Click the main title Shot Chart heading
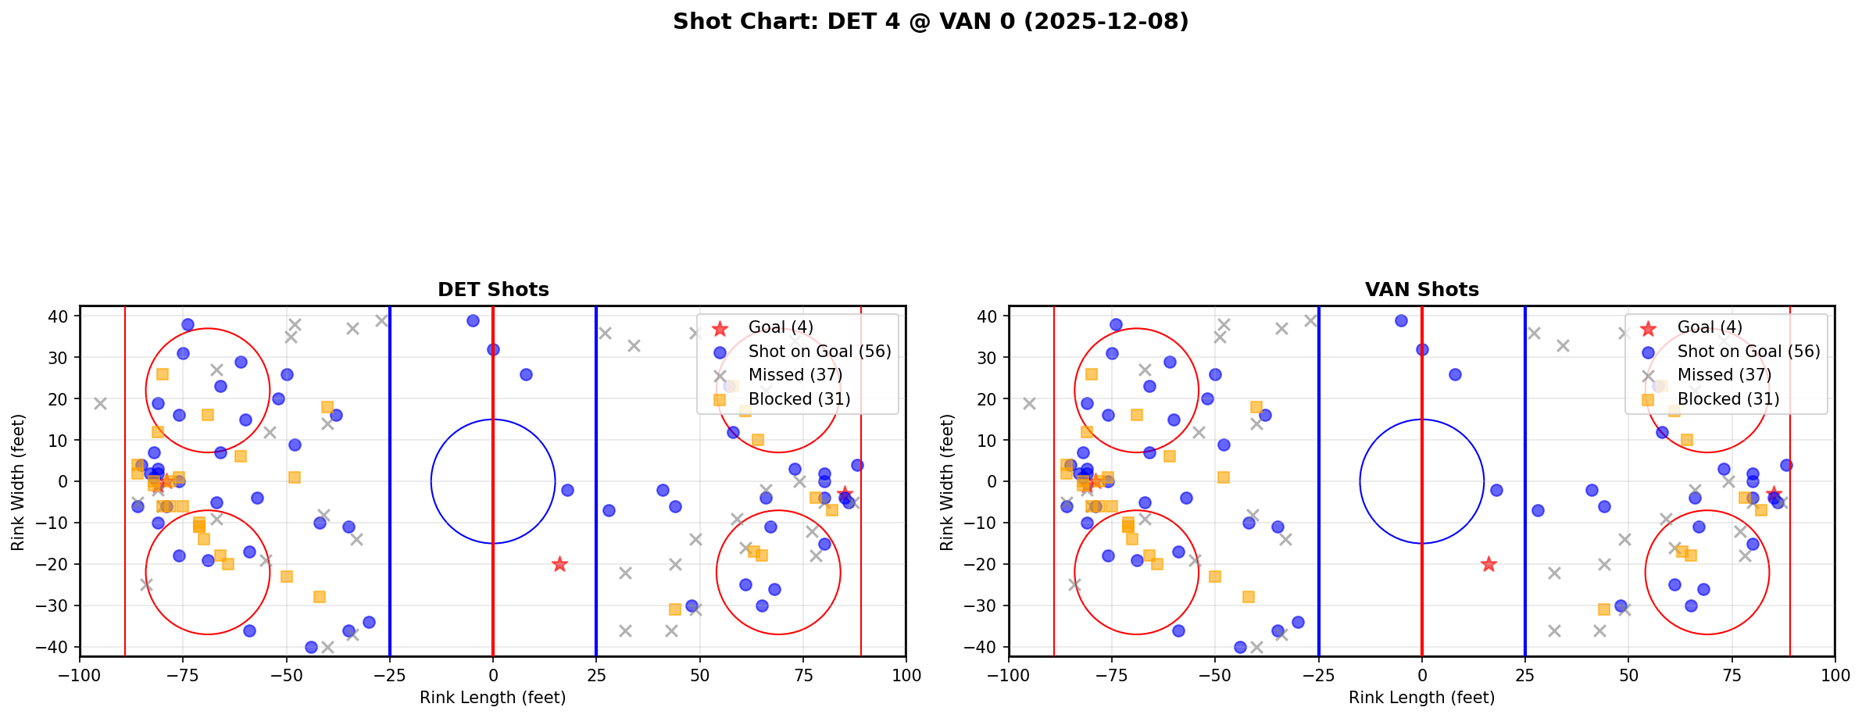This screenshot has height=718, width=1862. pyautogui.click(x=931, y=22)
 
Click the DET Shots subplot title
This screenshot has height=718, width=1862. pyautogui.click(x=493, y=290)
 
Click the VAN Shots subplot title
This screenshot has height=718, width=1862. pyautogui.click(x=1421, y=290)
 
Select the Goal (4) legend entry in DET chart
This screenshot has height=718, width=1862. pyautogui.click(x=780, y=327)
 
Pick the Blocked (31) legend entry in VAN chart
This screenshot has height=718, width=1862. pyautogui.click(x=1728, y=399)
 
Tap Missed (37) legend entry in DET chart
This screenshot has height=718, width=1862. pyautogui.click(x=795, y=375)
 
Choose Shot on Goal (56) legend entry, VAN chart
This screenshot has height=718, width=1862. pyautogui.click(x=1748, y=352)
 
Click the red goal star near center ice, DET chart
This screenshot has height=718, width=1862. pyautogui.click(x=559, y=564)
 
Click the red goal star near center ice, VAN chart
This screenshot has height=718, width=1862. pyautogui.click(x=1489, y=564)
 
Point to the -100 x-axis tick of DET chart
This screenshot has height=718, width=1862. pyautogui.click(x=80, y=675)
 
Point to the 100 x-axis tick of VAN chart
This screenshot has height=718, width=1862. pyautogui.click(x=1835, y=675)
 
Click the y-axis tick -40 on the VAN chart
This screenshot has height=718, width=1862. pyautogui.click(x=986, y=647)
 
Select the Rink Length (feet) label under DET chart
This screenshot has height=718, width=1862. pyautogui.click(x=493, y=698)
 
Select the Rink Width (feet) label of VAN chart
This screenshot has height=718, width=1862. pyautogui.click(x=947, y=482)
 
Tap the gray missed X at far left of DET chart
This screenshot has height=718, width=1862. pyautogui.click(x=100, y=404)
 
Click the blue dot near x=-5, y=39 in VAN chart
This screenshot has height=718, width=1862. pyautogui.click(x=1401, y=320)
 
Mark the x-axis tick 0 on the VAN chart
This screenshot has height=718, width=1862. pyautogui.click(x=1422, y=675)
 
